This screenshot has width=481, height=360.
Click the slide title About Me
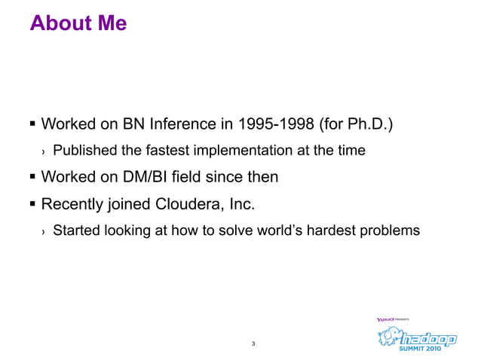coord(78,24)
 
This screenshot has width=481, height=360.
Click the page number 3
coord(253,345)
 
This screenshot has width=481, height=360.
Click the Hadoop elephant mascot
coord(389,339)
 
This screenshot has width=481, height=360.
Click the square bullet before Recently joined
coord(32,204)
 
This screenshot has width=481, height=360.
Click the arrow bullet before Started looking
coord(44,231)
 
